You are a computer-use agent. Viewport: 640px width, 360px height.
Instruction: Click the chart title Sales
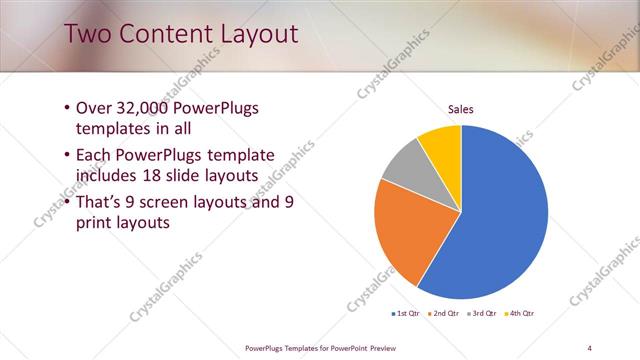pyautogui.click(x=460, y=109)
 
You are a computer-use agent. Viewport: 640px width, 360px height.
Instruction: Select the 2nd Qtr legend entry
pyautogui.click(x=443, y=314)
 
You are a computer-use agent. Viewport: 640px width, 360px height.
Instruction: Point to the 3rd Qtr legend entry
pyautogui.click(x=482, y=314)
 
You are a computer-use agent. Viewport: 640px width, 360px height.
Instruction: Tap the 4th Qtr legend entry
pyautogui.click(x=521, y=314)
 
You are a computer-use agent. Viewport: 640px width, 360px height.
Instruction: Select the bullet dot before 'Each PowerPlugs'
pyautogui.click(x=66, y=155)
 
